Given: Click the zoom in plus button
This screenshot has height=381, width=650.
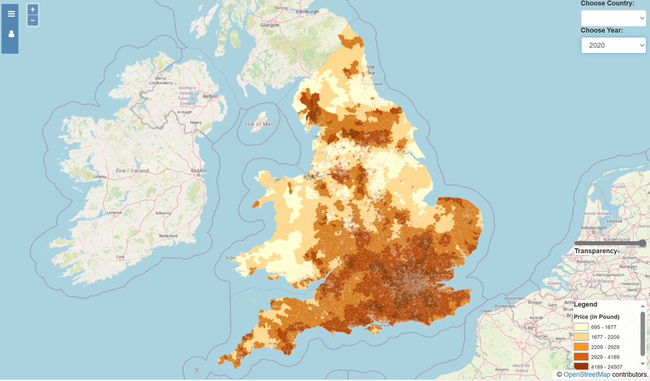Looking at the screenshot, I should pos(33,10).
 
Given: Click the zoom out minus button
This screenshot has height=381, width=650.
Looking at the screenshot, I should pos(33,21).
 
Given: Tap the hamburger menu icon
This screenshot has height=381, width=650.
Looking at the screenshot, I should pos(11,14).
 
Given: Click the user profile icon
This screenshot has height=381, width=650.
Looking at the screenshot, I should pos(11,34).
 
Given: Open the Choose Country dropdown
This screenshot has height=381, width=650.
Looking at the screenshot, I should pos(613,17).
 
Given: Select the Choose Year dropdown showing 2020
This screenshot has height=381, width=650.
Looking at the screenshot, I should pos(613,46).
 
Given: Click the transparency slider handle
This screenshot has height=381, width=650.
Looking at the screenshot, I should pos(642,243).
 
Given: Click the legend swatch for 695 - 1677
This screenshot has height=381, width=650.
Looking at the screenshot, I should pos(581,327).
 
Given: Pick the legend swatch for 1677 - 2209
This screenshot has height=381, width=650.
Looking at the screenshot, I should pos(581,337).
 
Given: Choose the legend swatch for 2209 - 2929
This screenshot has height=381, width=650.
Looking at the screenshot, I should pos(581,347).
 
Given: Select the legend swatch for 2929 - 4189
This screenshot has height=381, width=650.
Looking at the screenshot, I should pos(581,357).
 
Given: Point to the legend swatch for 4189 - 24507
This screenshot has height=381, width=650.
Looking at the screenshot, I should pos(581,367).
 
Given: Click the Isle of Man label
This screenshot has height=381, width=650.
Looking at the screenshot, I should pos(259,124).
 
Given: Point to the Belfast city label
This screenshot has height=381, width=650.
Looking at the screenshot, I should pos(210,96).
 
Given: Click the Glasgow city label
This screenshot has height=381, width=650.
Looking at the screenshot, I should pos(269,25).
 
